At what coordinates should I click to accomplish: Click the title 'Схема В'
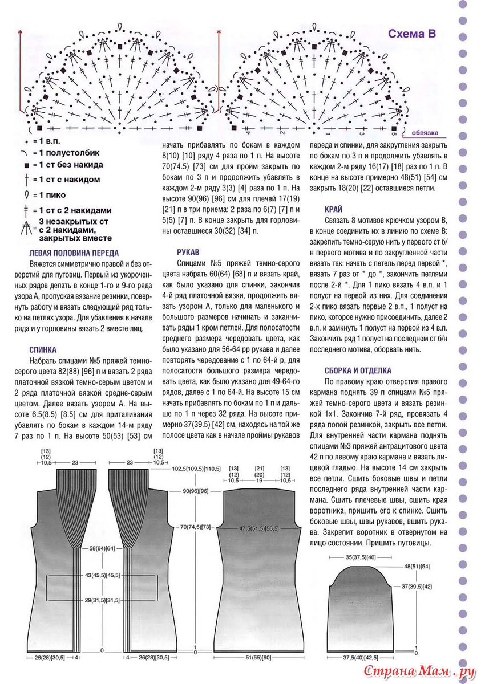coord(411,34)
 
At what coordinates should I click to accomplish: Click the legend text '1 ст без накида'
coord(70,165)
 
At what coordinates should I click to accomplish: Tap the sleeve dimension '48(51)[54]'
coord(417,567)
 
